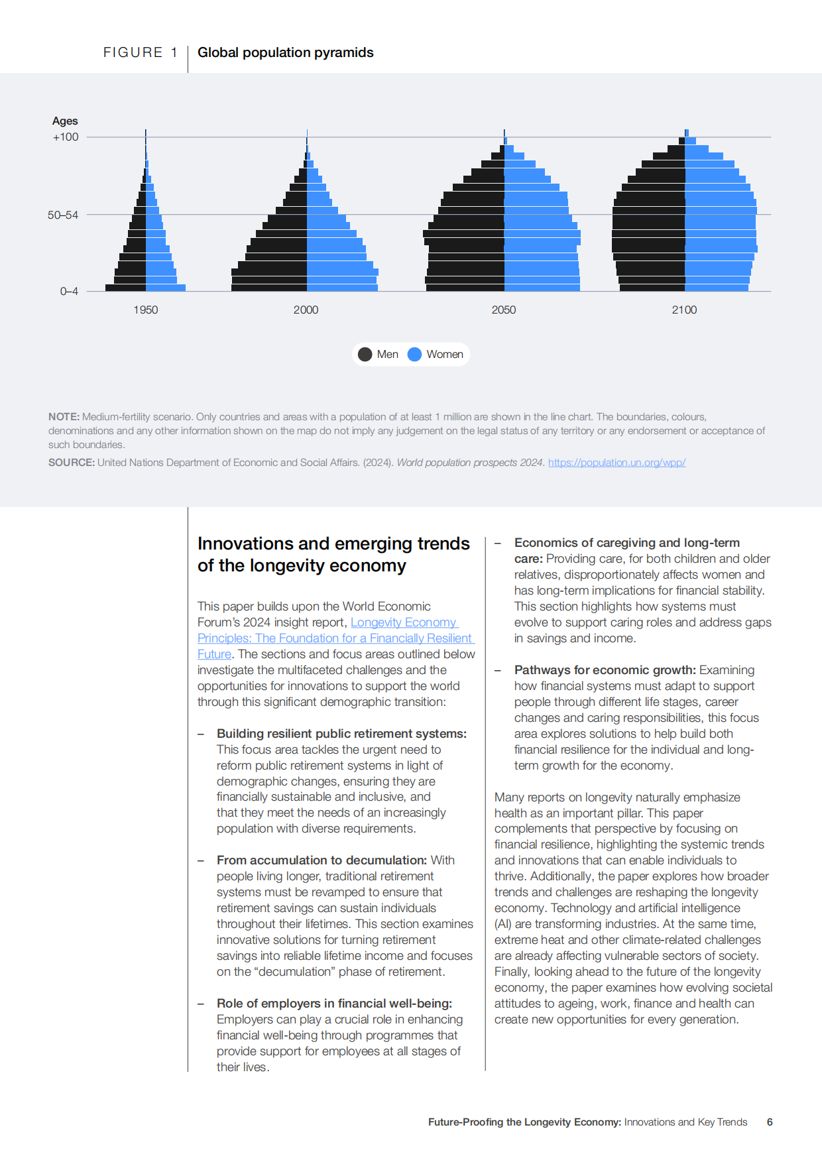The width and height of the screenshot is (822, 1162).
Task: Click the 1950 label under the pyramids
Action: [146, 310]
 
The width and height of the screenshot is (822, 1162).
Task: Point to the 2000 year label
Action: [306, 310]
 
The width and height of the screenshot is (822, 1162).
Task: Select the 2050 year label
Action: [504, 310]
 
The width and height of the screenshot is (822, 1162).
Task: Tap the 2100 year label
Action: [684, 310]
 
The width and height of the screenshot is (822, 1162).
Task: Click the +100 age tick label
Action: [66, 137]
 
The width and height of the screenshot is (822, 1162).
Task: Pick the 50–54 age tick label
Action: [63, 215]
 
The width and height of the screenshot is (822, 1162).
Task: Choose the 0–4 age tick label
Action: [69, 291]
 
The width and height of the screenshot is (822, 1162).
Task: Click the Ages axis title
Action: [65, 121]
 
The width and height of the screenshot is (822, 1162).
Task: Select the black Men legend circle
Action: [365, 354]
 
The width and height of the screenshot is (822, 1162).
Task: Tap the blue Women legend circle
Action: [414, 354]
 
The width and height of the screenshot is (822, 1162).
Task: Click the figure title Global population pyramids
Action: [286, 52]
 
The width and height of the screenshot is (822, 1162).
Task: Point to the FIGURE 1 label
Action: [141, 52]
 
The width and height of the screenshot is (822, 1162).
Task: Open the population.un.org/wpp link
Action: [616, 463]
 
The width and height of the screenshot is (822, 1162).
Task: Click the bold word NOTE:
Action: [64, 417]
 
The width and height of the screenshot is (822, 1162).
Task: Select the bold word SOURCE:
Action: [72, 463]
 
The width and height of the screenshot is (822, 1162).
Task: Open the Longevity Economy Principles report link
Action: [336, 638]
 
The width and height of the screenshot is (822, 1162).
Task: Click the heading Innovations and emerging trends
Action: [333, 544]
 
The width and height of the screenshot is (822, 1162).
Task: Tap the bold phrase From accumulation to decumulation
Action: [322, 860]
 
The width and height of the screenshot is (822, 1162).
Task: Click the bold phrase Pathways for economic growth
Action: [605, 670]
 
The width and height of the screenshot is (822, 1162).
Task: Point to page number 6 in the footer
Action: [770, 1122]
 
